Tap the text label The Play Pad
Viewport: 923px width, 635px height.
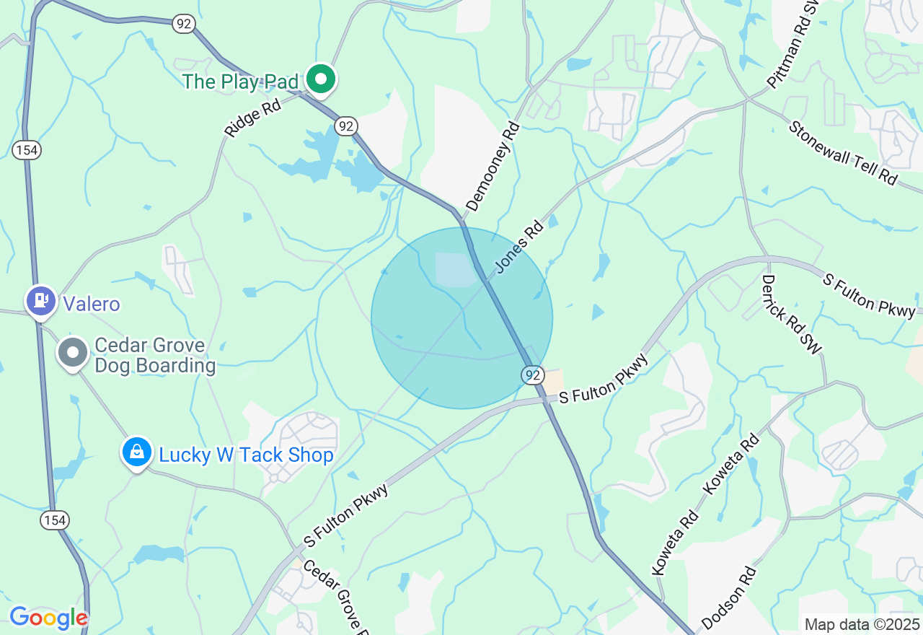click(x=240, y=82)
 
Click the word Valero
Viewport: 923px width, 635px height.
click(x=91, y=304)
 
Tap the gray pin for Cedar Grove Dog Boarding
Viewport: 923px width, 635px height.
click(x=73, y=353)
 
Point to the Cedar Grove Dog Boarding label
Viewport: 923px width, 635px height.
click(x=154, y=356)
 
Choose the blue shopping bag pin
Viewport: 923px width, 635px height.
click(x=137, y=452)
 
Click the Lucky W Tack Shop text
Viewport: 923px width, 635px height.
click(x=246, y=455)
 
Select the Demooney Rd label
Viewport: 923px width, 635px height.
click(x=493, y=167)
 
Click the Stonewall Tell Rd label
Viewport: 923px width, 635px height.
click(x=842, y=152)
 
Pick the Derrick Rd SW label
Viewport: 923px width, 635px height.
click(x=792, y=315)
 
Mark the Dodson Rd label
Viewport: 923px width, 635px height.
click(x=729, y=597)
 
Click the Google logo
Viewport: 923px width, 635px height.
click(x=48, y=618)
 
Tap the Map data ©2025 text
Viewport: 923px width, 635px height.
click(x=862, y=624)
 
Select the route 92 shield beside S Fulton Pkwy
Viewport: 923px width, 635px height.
click(x=532, y=375)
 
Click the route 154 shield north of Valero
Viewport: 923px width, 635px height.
click(x=27, y=150)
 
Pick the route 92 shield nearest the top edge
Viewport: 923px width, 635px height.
click(x=184, y=24)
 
